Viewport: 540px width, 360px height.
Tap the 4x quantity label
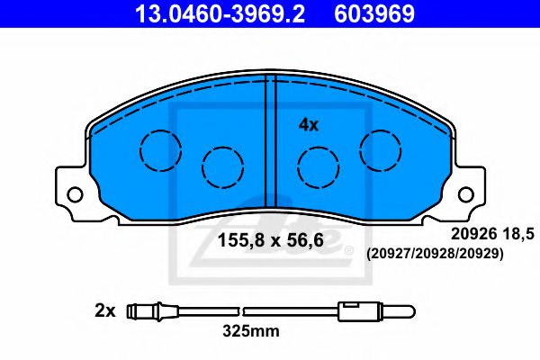click(x=309, y=125)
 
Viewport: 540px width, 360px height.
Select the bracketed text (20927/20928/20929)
click(x=433, y=255)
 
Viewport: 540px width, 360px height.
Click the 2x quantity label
click(x=105, y=311)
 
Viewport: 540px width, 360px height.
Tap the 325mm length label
click(x=251, y=331)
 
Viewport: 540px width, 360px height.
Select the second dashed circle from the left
click(x=222, y=166)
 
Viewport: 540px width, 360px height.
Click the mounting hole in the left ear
click(x=75, y=193)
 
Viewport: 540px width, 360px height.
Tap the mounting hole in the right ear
click(x=464, y=193)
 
